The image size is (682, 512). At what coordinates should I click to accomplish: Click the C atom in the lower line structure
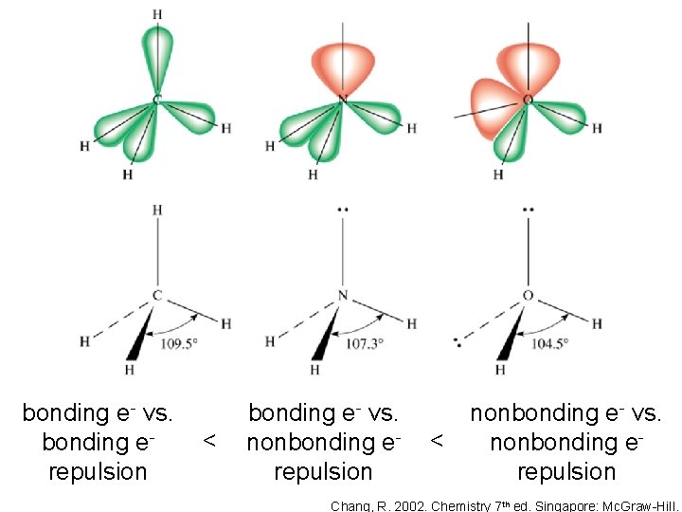(157, 297)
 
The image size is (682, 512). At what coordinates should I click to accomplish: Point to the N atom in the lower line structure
(343, 297)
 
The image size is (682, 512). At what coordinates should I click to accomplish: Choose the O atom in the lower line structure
(528, 297)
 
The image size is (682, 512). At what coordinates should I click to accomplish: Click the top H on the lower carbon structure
(157, 210)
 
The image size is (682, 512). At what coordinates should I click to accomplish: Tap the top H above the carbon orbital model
(157, 14)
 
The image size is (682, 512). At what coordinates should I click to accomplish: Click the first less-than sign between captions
(210, 442)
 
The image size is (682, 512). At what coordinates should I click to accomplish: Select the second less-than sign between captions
(437, 442)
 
